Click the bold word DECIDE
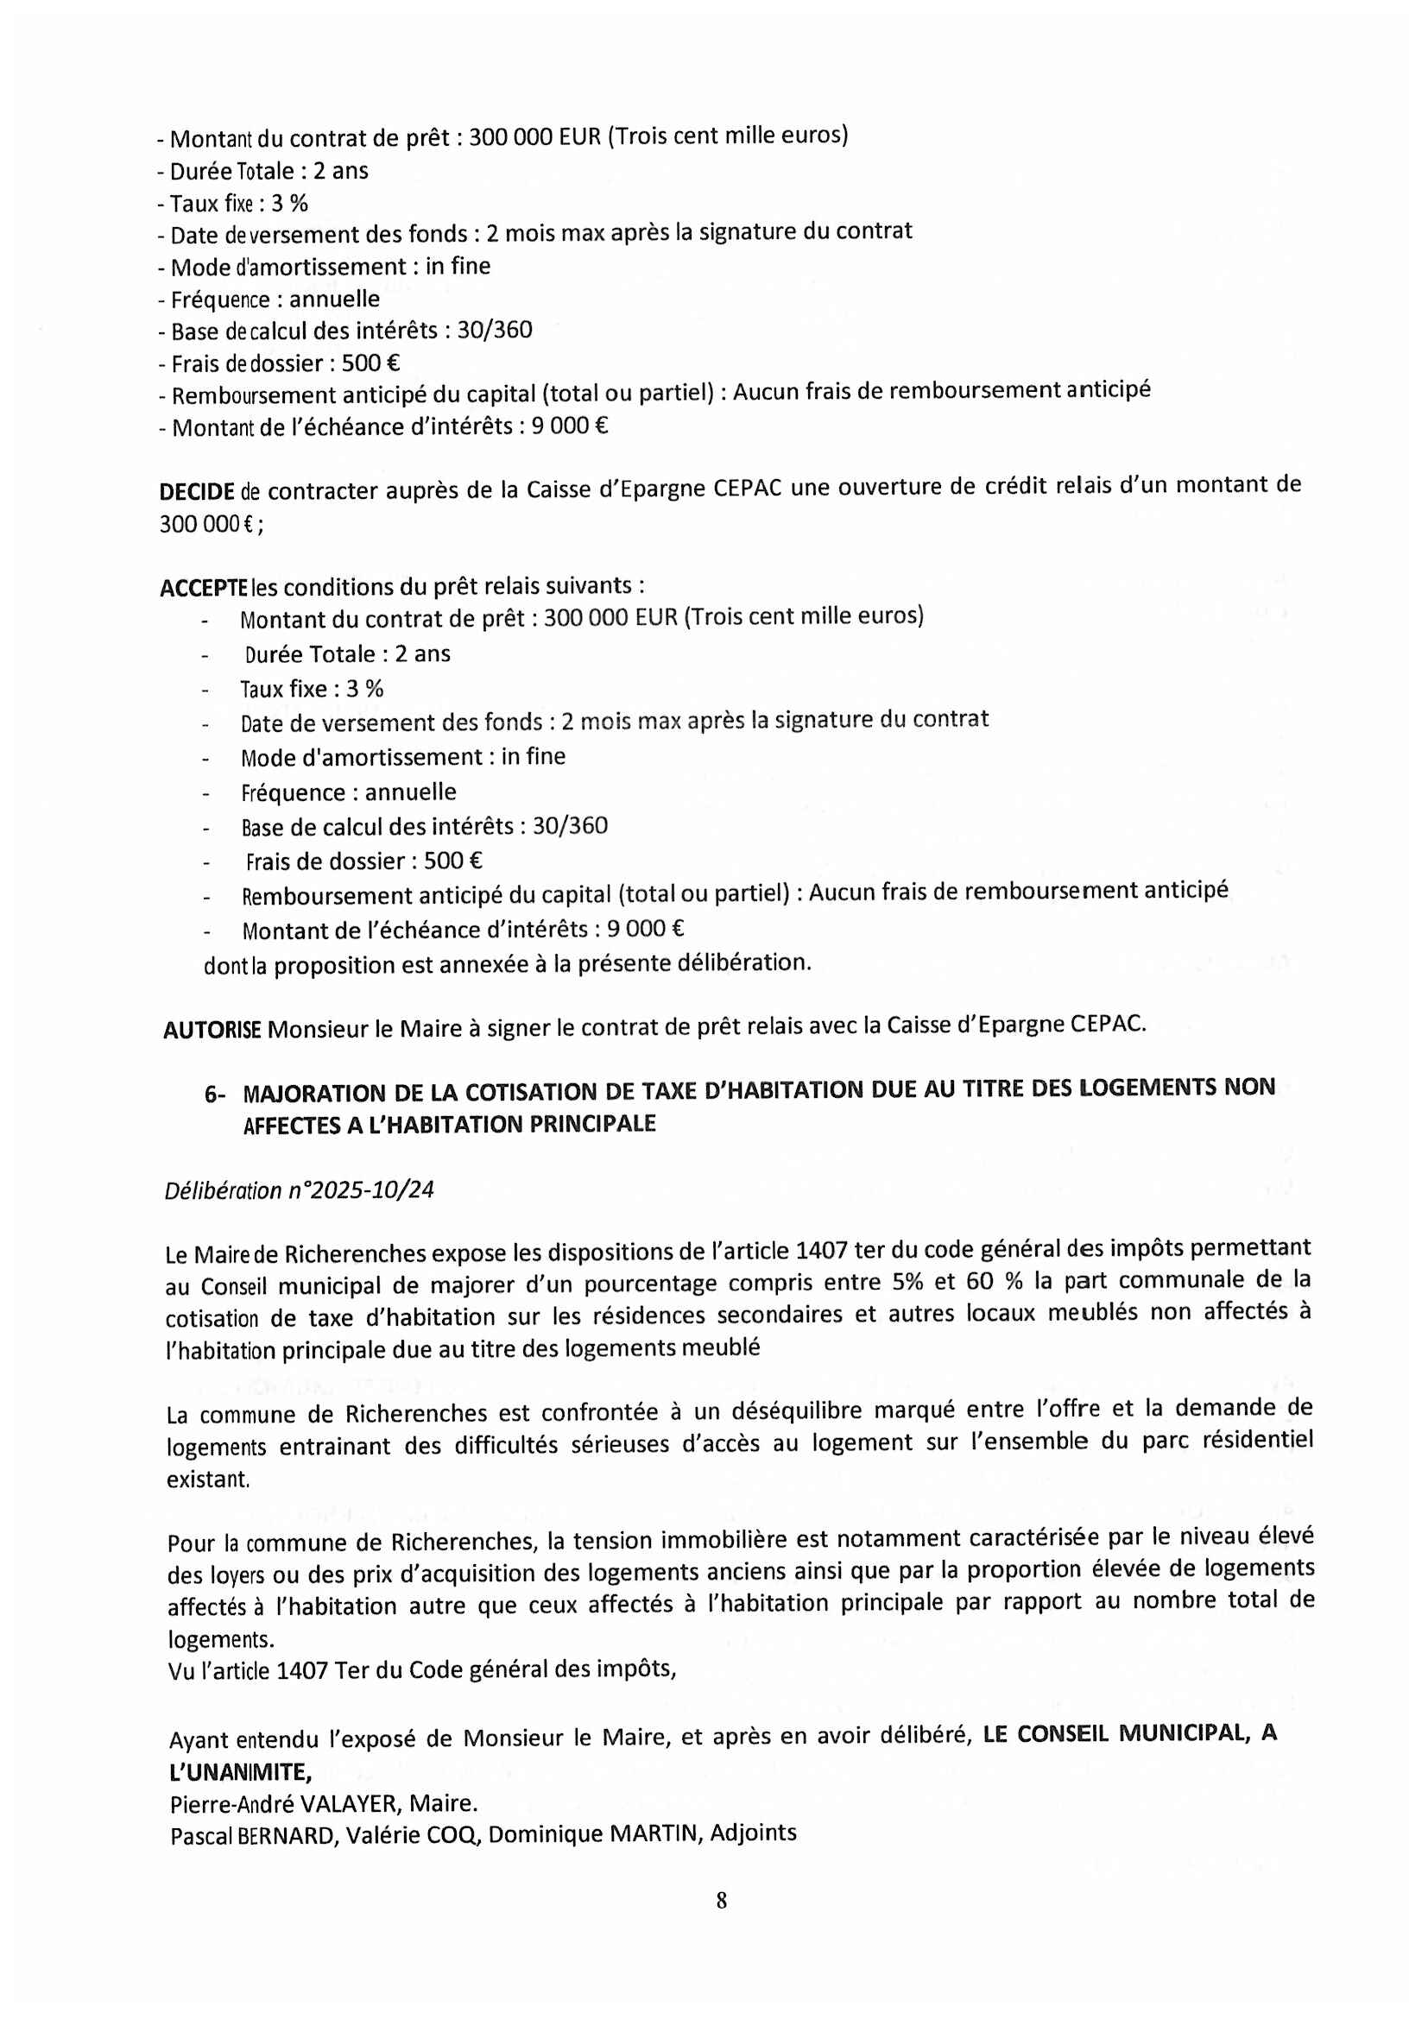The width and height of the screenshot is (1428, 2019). point(196,491)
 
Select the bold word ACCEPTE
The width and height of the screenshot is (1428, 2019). point(203,589)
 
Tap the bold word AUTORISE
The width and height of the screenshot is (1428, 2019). point(212,1030)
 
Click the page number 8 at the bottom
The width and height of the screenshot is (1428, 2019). point(721,1900)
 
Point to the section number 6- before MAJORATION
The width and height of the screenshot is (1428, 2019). point(215,1094)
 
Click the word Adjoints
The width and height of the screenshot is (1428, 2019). point(754,1833)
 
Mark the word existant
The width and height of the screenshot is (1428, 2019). point(208,1480)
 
